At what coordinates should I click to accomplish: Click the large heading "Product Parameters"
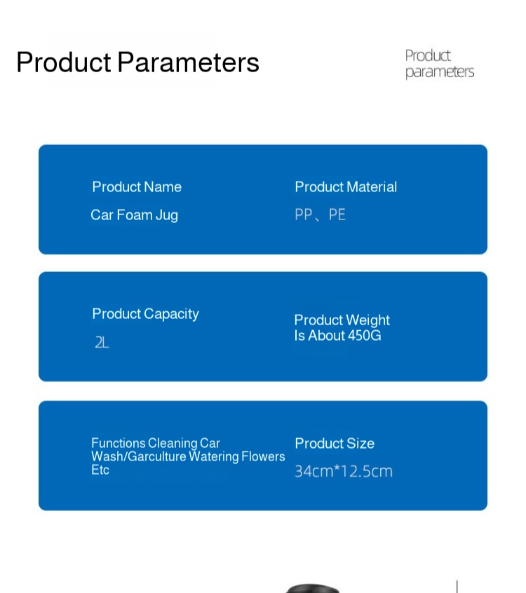click(137, 62)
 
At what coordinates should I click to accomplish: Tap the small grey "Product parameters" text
click(439, 64)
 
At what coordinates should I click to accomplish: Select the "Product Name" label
click(137, 187)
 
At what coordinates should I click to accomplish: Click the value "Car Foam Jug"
click(135, 214)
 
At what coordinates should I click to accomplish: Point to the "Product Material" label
click(346, 187)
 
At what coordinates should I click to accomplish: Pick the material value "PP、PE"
click(320, 214)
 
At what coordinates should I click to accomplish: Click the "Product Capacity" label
click(146, 314)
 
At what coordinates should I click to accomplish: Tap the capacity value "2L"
click(102, 343)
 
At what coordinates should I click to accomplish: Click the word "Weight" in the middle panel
click(367, 320)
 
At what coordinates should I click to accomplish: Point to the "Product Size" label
click(335, 443)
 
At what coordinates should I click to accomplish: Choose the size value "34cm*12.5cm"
click(344, 471)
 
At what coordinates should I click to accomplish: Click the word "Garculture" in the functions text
click(157, 456)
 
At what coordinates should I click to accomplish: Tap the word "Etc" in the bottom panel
click(100, 470)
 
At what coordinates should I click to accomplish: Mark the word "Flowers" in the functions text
click(263, 456)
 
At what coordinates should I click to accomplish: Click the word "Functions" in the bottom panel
click(119, 443)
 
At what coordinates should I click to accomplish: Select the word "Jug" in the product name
click(167, 215)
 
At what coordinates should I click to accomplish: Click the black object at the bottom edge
click(312, 589)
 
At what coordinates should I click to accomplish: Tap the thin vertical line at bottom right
click(457, 587)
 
